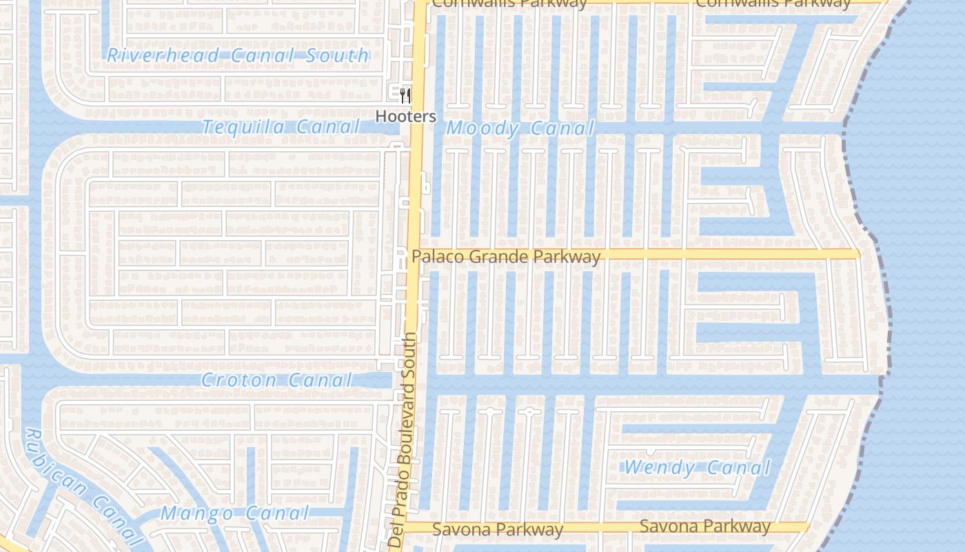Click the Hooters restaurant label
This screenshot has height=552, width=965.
(405, 117)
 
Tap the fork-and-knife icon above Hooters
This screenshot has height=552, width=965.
(405, 95)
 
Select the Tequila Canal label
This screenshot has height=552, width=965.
(281, 127)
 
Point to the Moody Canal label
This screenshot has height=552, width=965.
(520, 128)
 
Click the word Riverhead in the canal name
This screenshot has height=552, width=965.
(163, 55)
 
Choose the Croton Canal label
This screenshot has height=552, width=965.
(276, 379)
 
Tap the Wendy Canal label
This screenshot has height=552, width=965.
(696, 468)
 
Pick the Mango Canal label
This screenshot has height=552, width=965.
(234, 513)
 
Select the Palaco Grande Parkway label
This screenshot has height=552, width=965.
(506, 257)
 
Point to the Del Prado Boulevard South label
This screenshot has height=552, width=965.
(402, 440)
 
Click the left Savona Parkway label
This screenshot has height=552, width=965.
(497, 529)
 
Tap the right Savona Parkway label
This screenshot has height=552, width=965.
(704, 526)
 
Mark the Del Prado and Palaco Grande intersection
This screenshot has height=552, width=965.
(415, 255)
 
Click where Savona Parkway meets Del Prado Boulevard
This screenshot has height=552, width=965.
(407, 527)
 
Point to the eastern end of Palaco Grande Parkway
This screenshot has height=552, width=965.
(857, 254)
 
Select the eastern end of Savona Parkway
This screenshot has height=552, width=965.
(806, 527)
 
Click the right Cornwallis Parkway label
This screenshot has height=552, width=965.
(773, 3)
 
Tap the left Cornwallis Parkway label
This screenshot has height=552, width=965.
(509, 3)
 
